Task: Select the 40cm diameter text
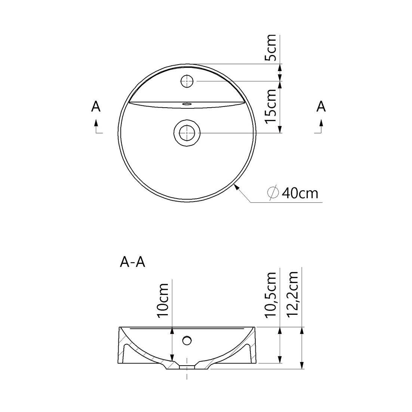[x=300, y=193]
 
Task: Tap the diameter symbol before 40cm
[x=273, y=192]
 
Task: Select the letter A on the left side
[x=96, y=107]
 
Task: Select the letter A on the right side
[x=321, y=107]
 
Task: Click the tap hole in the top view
[x=187, y=81]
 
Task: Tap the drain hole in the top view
[x=187, y=133]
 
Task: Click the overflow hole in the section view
[x=187, y=340]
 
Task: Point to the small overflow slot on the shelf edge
[x=186, y=104]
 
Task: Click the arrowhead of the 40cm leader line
[x=236, y=187]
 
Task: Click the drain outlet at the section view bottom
[x=187, y=367]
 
